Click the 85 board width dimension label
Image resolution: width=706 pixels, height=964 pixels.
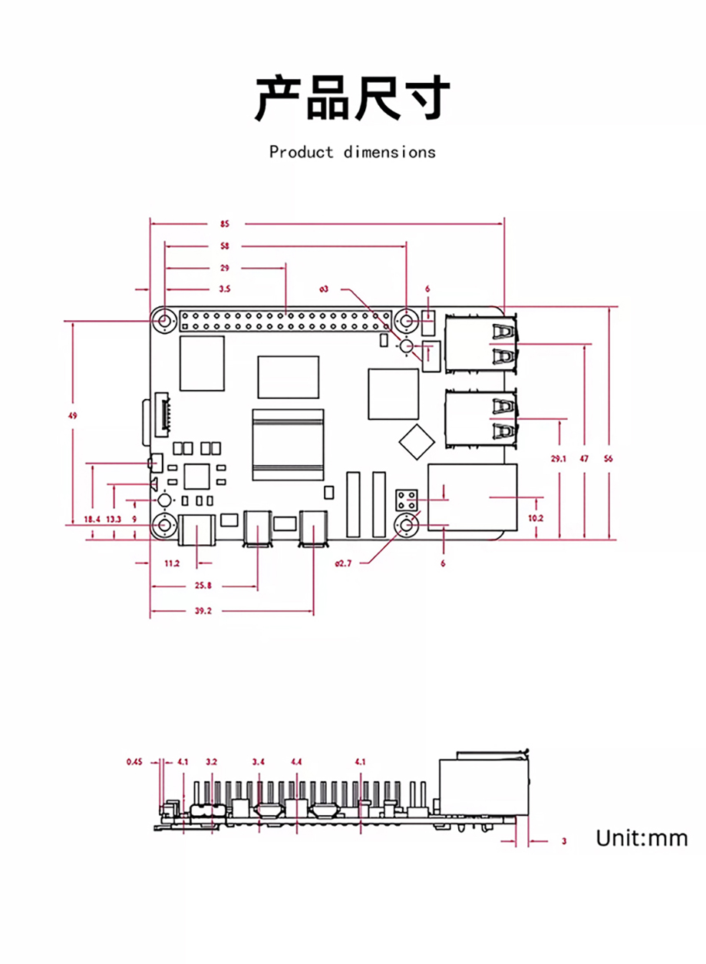(225, 224)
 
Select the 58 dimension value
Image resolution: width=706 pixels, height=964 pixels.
(225, 246)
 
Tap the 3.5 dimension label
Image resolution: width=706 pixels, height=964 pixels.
(225, 289)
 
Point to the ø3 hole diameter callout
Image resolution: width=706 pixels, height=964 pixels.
(324, 289)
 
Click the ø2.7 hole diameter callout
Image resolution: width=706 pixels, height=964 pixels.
(343, 563)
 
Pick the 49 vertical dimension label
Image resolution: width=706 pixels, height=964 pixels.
(72, 416)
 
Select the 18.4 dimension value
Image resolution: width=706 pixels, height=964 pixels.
(91, 519)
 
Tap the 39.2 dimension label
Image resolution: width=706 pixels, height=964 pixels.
(203, 611)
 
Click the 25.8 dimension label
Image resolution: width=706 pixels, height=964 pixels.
(203, 586)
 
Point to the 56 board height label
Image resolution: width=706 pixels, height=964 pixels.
(608, 459)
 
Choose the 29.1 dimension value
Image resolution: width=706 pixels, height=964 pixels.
(559, 459)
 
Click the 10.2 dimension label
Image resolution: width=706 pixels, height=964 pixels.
(536, 518)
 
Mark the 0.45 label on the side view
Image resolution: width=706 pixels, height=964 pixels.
(134, 762)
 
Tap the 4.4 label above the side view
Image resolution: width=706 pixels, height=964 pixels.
(296, 762)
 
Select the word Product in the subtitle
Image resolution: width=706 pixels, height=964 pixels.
(301, 152)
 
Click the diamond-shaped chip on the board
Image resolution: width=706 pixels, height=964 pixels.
(417, 442)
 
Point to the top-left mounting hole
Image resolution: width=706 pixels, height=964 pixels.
(164, 321)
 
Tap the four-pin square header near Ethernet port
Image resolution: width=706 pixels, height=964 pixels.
(407, 500)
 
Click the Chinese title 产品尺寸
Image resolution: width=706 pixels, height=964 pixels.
(353, 97)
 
